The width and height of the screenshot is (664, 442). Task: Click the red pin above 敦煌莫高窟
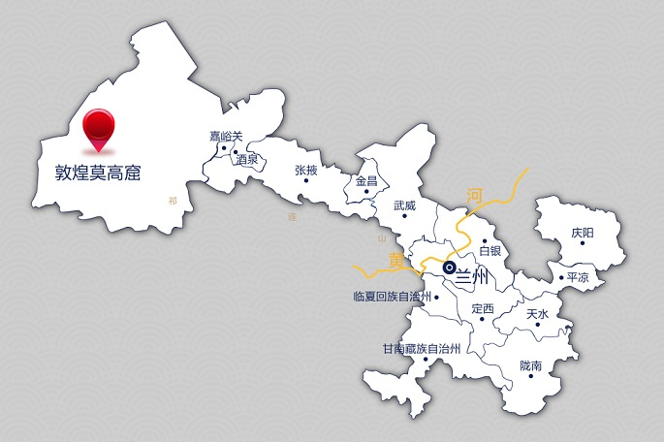click(x=98, y=127)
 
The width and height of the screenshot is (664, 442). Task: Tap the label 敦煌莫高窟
click(x=98, y=174)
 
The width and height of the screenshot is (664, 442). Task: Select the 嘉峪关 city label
click(x=228, y=137)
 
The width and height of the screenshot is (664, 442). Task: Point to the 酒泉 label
click(x=246, y=159)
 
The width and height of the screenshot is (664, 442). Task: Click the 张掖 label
click(x=305, y=170)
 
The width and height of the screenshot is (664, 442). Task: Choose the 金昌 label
click(x=366, y=180)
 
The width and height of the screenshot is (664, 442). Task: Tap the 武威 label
click(x=404, y=205)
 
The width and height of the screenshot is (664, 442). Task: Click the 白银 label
click(x=490, y=251)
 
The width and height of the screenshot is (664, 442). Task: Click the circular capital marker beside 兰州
click(x=449, y=267)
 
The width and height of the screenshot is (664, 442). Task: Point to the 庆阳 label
click(x=583, y=233)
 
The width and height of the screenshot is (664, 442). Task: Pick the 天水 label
click(x=537, y=314)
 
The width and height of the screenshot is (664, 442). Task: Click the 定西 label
click(x=482, y=309)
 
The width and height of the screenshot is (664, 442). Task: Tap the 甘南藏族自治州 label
click(x=421, y=348)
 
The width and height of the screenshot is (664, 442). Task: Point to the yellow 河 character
click(x=475, y=195)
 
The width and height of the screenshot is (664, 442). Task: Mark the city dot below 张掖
click(x=305, y=180)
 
